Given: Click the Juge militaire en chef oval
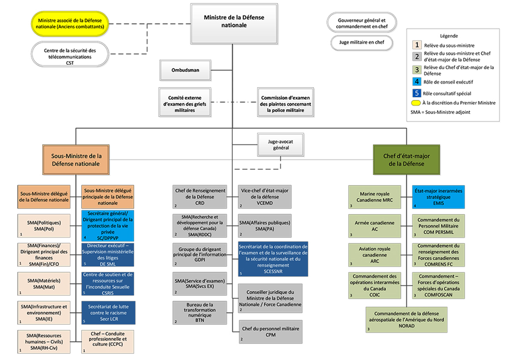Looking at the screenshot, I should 362,43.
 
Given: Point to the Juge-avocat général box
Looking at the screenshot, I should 281,144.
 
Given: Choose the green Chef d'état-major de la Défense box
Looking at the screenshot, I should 406,160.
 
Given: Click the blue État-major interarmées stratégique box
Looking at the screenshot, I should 439,197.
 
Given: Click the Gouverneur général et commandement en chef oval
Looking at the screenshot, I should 362,23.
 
